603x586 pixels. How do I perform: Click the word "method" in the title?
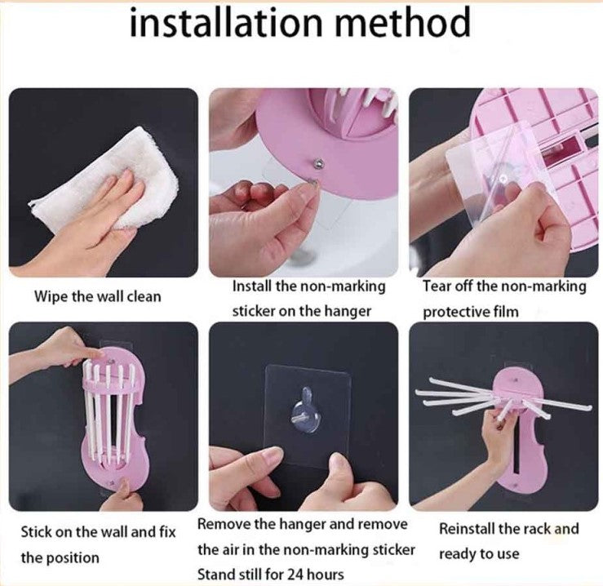[403, 22]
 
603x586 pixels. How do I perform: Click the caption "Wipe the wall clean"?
[98, 296]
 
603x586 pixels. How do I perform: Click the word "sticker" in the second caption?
[252, 311]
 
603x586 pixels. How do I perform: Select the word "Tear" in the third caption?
[436, 286]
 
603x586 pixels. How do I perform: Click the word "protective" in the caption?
[455, 312]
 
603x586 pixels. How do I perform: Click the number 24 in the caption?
[289, 575]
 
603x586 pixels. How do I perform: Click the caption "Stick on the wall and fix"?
[98, 532]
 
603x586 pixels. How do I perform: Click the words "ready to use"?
[479, 554]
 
